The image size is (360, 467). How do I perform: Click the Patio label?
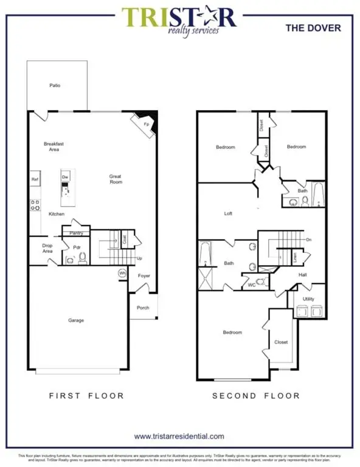pyautogui.click(x=55, y=86)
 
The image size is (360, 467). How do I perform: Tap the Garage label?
pyautogui.click(x=75, y=320)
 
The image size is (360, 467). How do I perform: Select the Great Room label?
pyautogui.click(x=116, y=179)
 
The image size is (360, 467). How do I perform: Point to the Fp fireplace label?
pyautogui.click(x=145, y=124)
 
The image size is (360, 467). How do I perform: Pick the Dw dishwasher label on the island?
pyautogui.click(x=64, y=177)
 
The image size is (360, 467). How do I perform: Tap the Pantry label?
pyautogui.click(x=76, y=233)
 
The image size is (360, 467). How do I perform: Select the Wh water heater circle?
pyautogui.click(x=122, y=273)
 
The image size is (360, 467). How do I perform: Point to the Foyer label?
pyautogui.click(x=144, y=276)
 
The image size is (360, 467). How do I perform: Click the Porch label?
pyautogui.click(x=143, y=308)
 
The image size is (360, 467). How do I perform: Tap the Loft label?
pyautogui.click(x=228, y=214)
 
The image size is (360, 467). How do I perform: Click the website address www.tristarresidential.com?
pyautogui.click(x=179, y=436)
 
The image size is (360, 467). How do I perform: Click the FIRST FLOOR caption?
pyautogui.click(x=86, y=396)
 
